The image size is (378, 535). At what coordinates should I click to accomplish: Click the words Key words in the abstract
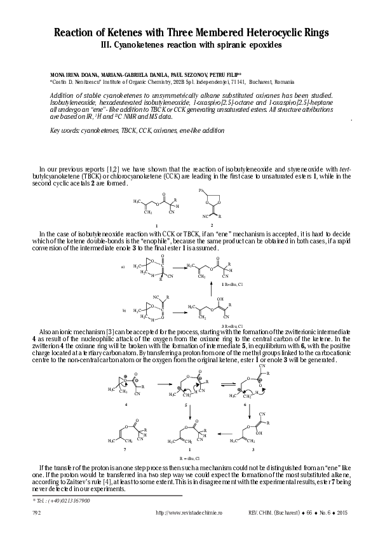click(63, 130)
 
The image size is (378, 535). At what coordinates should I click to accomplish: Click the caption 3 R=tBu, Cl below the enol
click(226, 326)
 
